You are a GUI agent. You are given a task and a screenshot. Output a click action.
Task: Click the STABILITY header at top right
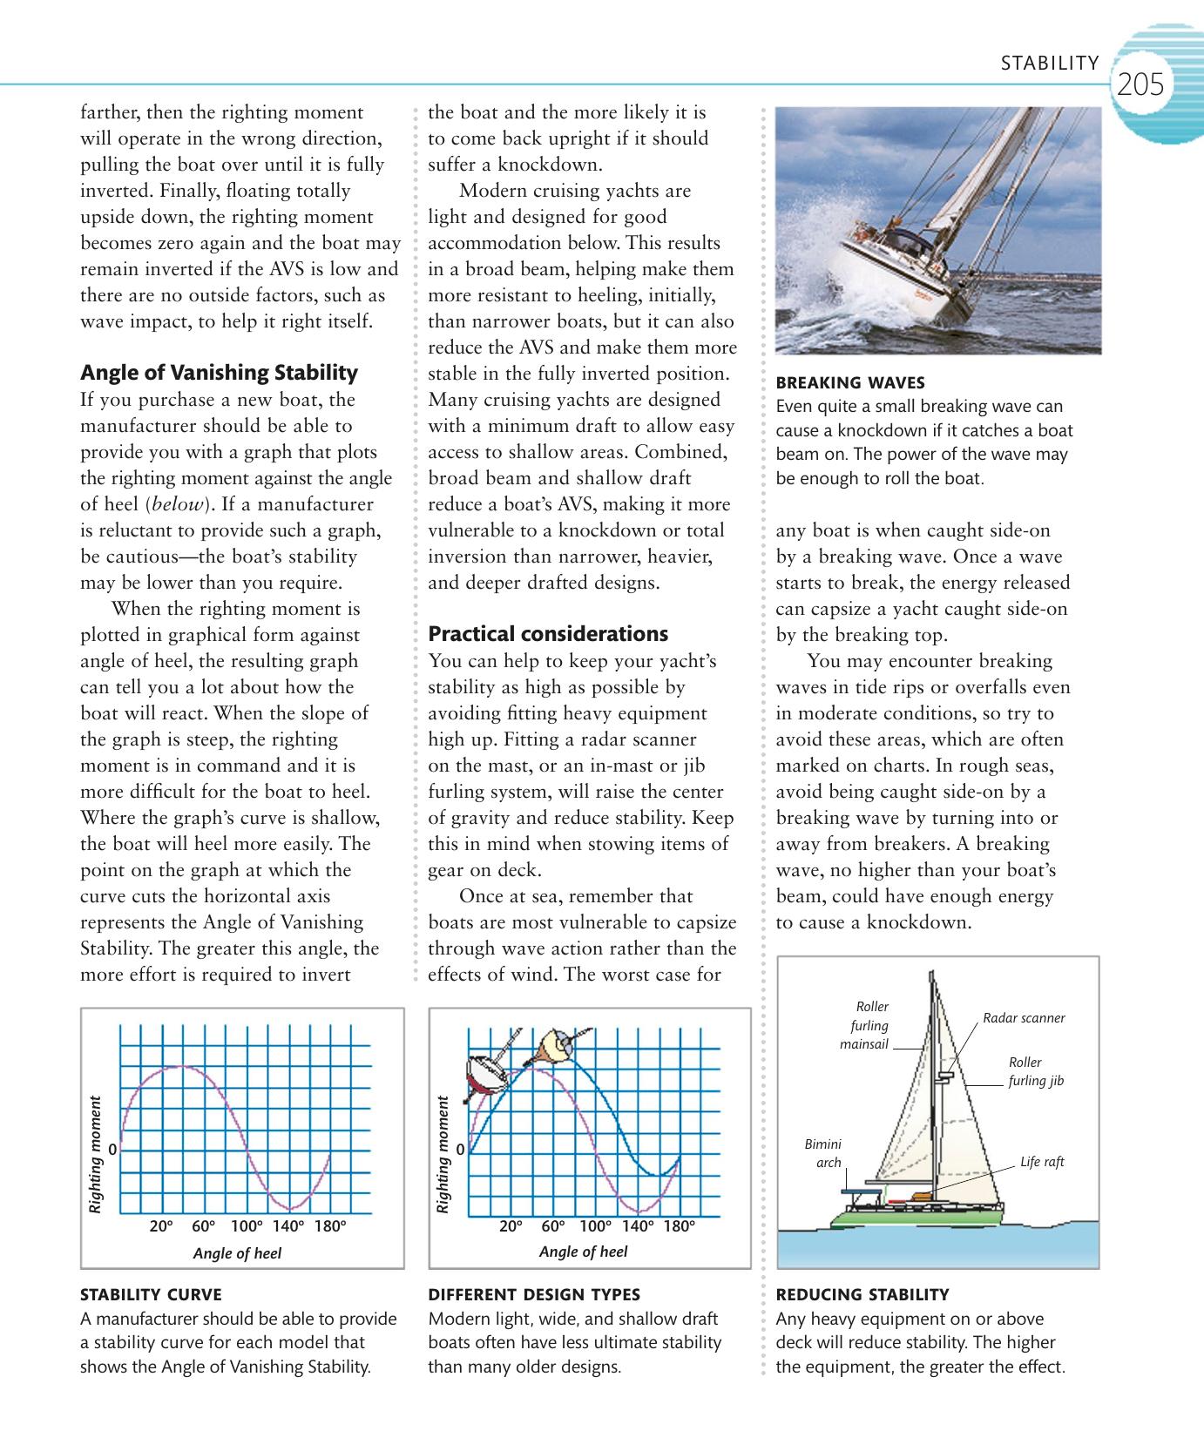[1050, 63]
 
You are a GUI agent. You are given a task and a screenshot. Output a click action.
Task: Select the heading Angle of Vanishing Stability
[219, 373]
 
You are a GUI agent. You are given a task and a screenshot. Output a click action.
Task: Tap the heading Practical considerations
[548, 633]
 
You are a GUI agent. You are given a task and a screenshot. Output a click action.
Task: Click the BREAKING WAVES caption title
[849, 382]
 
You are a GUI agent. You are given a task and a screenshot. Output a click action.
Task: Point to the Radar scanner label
[1024, 1017]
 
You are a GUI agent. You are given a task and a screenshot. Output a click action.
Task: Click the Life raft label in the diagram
[1042, 1162]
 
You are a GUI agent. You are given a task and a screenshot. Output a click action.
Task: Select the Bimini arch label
[823, 1153]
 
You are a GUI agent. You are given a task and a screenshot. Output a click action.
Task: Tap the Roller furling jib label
[1036, 1071]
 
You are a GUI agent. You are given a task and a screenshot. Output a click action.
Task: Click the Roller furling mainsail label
[865, 1025]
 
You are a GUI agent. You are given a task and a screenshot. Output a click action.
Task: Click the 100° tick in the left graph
[247, 1226]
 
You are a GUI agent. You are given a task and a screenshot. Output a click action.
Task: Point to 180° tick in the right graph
[679, 1226]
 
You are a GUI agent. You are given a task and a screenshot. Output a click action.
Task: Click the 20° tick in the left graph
[161, 1226]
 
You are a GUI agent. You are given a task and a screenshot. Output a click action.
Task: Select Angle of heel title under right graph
[583, 1252]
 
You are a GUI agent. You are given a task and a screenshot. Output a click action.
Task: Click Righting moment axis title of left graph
[95, 1155]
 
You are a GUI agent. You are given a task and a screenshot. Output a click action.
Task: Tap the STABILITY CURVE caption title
[151, 1294]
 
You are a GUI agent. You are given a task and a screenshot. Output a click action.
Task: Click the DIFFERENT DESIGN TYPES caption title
[534, 1294]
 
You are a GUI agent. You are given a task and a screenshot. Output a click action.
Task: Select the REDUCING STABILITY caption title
[862, 1294]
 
